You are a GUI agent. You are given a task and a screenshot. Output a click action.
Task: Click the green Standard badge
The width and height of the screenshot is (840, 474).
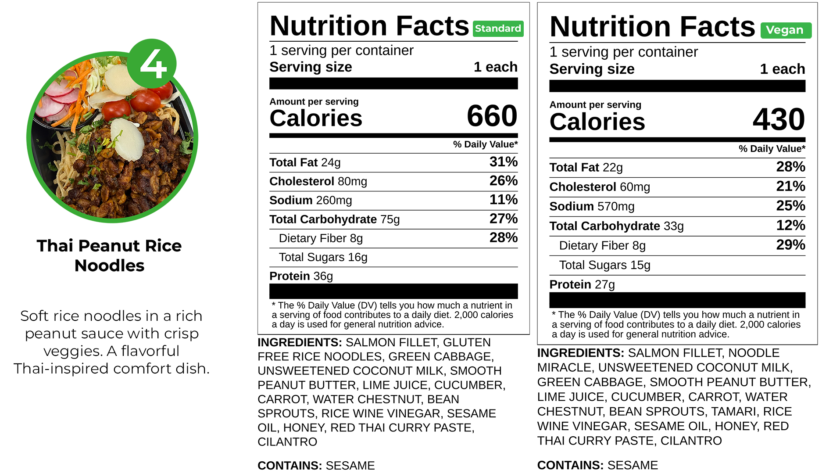(x=498, y=29)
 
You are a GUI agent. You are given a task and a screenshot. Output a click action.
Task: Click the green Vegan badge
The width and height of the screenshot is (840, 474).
(x=785, y=30)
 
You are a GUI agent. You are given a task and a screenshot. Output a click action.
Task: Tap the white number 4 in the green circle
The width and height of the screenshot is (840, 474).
(x=153, y=64)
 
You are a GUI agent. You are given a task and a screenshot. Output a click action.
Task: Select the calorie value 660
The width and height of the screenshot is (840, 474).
(x=492, y=116)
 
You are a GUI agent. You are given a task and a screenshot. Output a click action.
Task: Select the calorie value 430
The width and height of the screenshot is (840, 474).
(x=779, y=119)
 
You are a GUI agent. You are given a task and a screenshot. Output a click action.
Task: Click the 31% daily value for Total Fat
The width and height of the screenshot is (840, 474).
(x=503, y=162)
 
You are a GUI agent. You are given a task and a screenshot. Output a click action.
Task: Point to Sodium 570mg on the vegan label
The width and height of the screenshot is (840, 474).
(x=592, y=206)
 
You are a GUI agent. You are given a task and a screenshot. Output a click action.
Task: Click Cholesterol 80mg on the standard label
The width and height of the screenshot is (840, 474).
(x=318, y=181)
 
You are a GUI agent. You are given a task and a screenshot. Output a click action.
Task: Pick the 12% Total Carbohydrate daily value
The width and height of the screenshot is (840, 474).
(x=790, y=226)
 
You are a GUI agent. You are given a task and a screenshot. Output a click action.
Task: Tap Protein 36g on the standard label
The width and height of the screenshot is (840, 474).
(x=301, y=276)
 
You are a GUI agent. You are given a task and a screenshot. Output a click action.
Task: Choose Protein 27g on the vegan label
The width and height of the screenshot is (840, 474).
(x=582, y=284)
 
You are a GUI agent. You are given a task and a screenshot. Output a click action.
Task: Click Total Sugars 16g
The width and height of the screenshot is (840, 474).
(x=323, y=257)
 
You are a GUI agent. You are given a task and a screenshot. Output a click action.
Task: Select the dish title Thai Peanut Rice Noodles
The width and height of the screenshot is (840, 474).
(x=109, y=255)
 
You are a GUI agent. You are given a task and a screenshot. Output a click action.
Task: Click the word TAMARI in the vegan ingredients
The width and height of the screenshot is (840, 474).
(x=731, y=412)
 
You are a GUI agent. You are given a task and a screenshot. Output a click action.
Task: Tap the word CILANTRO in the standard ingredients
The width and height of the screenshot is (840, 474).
(x=287, y=442)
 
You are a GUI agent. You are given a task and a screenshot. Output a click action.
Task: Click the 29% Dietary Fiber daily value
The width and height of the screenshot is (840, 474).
(x=790, y=245)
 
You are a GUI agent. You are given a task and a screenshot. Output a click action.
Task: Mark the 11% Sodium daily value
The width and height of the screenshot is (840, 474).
(x=503, y=200)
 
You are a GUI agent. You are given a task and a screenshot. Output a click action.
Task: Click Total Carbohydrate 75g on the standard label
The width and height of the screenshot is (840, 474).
(x=334, y=219)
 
